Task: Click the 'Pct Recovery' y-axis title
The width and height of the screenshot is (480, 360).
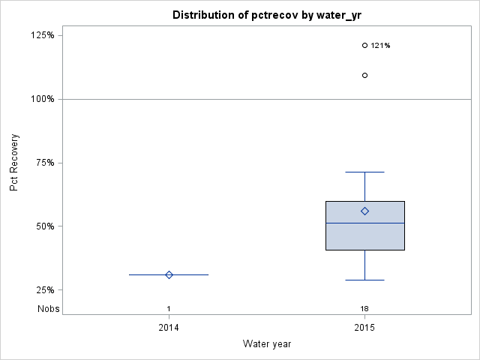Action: pos(14,163)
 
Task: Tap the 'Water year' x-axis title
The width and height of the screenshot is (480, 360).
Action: pos(266,344)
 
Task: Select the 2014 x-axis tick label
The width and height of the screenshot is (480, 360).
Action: pos(169,328)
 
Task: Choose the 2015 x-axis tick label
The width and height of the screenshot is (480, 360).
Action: pos(364,328)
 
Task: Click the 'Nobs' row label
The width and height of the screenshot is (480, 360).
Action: pos(49,309)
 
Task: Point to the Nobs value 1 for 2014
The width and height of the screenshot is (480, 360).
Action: pos(169,309)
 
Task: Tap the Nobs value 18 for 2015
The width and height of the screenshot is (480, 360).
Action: pos(364,309)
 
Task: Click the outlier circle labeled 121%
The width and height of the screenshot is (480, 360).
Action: pos(364,45)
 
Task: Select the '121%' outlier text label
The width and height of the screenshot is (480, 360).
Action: pos(380,46)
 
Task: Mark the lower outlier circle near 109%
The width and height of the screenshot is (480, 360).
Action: pos(364,75)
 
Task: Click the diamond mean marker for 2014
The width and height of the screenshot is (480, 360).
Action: pos(169,274)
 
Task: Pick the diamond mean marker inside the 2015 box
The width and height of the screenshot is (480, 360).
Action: pos(364,211)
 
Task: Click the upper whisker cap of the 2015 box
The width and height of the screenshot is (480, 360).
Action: pos(364,172)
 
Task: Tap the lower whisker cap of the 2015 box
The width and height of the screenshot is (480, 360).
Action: pos(364,280)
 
